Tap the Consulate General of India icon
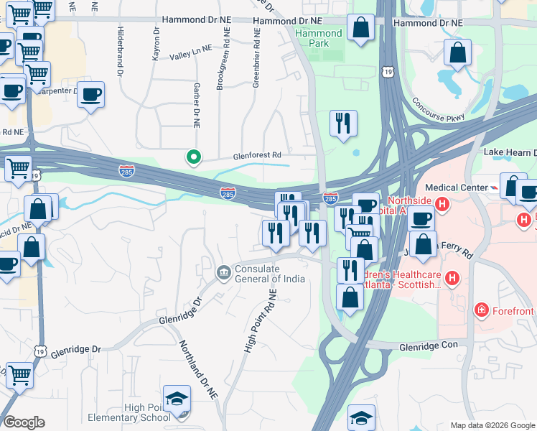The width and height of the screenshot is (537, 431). point(223,272)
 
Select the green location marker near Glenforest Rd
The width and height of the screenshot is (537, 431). point(193,157)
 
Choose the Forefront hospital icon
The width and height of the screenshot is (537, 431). point(481,310)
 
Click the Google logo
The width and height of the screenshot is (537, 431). point(24,422)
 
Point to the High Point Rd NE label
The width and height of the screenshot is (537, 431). point(261,320)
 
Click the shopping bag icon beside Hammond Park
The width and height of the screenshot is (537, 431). point(361,29)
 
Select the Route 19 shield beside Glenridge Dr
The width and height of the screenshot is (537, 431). point(40,350)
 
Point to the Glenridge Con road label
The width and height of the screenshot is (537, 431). point(429,346)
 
